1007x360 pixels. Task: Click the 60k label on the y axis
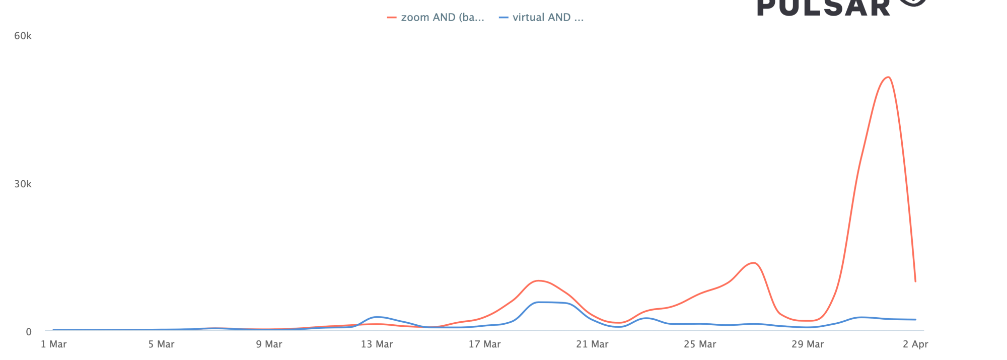tap(23, 36)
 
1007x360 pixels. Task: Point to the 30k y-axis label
tap(23, 184)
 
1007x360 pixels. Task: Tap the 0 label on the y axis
tap(29, 332)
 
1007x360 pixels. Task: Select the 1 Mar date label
tap(54, 344)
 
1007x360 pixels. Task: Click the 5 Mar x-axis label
tap(161, 344)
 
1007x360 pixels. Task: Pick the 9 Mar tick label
tap(269, 344)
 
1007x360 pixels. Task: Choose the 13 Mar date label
tap(377, 344)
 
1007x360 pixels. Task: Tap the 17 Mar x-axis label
tap(484, 344)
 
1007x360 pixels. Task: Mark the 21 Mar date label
tap(592, 344)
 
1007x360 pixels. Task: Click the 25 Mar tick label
tap(700, 344)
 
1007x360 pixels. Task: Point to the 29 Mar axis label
tap(808, 344)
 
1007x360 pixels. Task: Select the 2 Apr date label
tap(915, 344)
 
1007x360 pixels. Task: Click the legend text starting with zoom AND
tap(443, 18)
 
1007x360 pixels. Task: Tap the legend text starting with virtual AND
tap(548, 18)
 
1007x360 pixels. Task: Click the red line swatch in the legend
tap(392, 18)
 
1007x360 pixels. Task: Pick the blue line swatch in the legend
tap(503, 18)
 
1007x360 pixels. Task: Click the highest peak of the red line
tap(888, 77)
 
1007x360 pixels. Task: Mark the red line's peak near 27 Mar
tap(753, 263)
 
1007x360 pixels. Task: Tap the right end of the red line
tap(915, 281)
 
